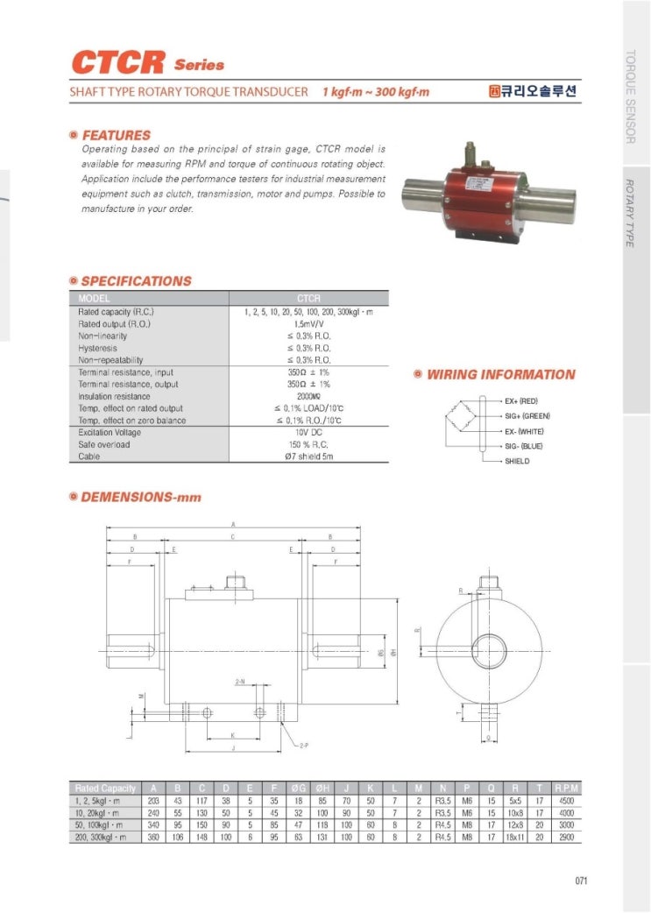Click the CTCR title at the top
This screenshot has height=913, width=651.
coord(118,63)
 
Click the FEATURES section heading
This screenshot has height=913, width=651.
coord(116,136)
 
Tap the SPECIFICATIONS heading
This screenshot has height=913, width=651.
coord(136,281)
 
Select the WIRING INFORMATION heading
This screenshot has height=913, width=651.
coord(500,375)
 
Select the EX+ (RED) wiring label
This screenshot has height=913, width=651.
coord(520,400)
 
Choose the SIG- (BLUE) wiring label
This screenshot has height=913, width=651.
coord(523,446)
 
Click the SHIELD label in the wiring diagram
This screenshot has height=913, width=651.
coord(517,461)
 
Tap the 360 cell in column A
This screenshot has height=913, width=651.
coord(154,838)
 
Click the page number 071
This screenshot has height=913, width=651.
coord(581,881)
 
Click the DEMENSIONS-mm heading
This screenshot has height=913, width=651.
coord(141,498)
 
